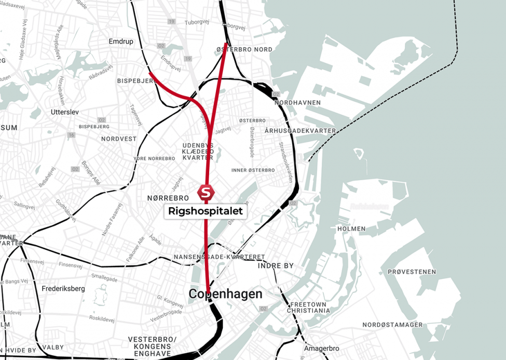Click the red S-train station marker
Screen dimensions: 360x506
click(x=206, y=192)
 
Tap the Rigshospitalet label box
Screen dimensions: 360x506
click(x=206, y=211)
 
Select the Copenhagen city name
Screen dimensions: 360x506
click(x=225, y=294)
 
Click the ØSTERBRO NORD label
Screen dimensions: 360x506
click(x=244, y=50)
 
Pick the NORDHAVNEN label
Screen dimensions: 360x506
click(x=297, y=102)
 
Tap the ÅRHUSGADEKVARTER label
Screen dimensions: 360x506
click(x=300, y=130)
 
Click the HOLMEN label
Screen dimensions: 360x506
click(x=351, y=229)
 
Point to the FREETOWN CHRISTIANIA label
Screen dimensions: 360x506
click(x=310, y=307)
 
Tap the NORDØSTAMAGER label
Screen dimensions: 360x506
click(x=392, y=325)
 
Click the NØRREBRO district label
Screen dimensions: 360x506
click(x=168, y=198)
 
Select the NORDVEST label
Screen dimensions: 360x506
click(x=119, y=139)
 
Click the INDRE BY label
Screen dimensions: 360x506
click(x=276, y=265)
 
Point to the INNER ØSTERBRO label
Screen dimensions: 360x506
click(x=253, y=170)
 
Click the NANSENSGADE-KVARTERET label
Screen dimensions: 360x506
click(x=220, y=257)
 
